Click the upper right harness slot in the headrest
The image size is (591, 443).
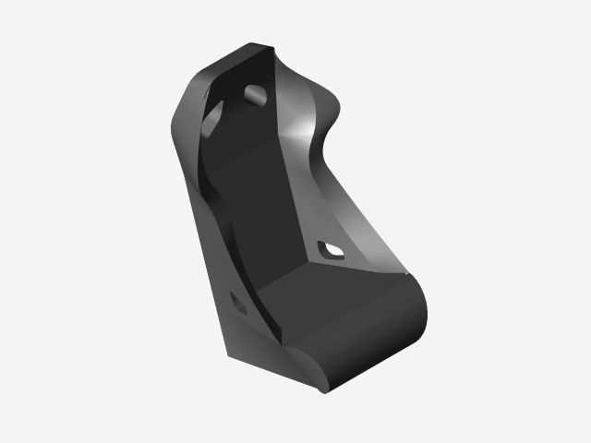click(x=256, y=94)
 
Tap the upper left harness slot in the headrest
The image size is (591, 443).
click(x=213, y=115)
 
